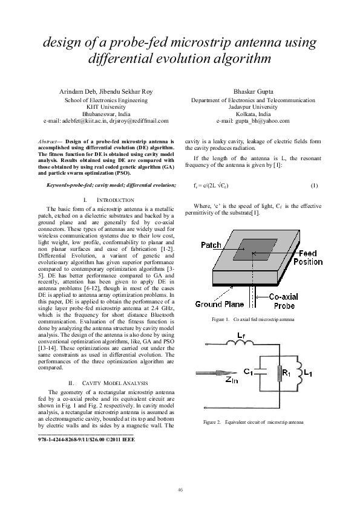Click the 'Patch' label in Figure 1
coord(211,245)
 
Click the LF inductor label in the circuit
coord(241,333)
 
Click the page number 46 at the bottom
coord(180,488)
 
